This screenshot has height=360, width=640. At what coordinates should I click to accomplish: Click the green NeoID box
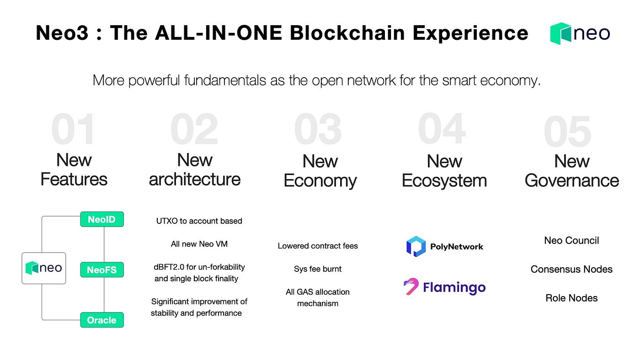pyautogui.click(x=102, y=219)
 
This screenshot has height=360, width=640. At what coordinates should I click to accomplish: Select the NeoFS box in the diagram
pyautogui.click(x=102, y=270)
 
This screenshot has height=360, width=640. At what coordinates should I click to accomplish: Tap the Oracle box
pyautogui.click(x=102, y=320)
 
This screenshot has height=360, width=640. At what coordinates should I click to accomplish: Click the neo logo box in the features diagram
pyautogui.click(x=44, y=268)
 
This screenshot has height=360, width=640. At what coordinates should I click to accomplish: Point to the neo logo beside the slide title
pyautogui.click(x=580, y=33)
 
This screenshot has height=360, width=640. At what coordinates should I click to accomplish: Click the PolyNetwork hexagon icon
pyautogui.click(x=416, y=246)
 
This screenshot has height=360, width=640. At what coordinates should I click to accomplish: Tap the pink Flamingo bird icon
pyautogui.click(x=411, y=286)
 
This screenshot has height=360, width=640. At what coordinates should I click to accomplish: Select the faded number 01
pyautogui.click(x=73, y=129)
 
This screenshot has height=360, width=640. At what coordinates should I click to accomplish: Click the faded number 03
pyautogui.click(x=318, y=129)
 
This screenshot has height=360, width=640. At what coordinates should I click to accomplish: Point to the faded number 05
pyautogui.click(x=567, y=131)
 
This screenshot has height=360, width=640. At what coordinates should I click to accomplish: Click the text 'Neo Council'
pyautogui.click(x=571, y=240)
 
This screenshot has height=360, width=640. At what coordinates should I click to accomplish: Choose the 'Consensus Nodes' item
pyautogui.click(x=571, y=269)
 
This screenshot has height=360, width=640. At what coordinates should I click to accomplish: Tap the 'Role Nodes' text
pyautogui.click(x=571, y=298)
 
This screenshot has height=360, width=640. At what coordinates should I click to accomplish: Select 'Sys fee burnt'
pyautogui.click(x=318, y=269)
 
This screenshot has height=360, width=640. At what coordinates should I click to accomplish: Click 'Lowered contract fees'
pyautogui.click(x=318, y=246)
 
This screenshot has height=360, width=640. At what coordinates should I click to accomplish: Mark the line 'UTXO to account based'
pyautogui.click(x=199, y=221)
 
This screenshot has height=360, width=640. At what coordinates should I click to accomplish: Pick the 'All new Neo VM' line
pyautogui.click(x=199, y=244)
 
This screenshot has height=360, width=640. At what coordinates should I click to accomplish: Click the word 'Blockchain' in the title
pyautogui.click(x=347, y=33)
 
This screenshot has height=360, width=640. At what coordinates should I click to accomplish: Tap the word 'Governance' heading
pyautogui.click(x=572, y=180)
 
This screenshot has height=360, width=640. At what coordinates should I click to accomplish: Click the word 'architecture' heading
pyautogui.click(x=195, y=179)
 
